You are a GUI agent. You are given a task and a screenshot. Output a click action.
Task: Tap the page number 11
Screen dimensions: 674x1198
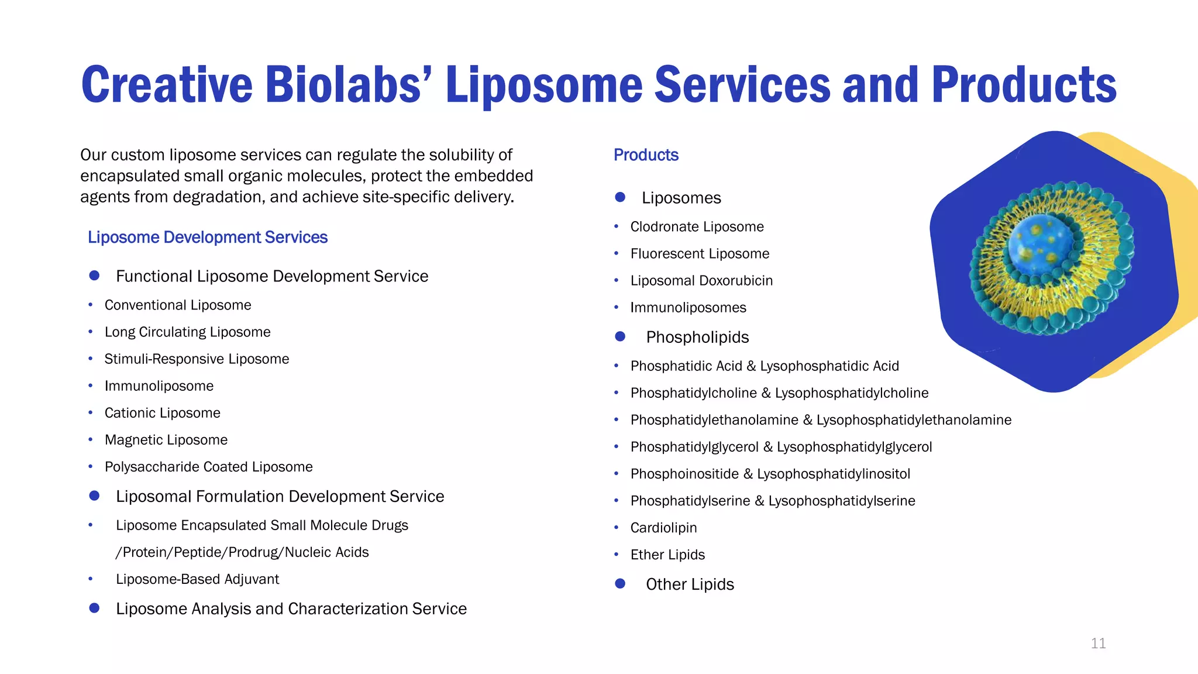click(1098, 644)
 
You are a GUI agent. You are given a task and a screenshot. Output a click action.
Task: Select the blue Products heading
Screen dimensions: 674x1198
click(646, 155)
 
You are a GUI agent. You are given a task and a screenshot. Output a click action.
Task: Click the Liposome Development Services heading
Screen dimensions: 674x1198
click(208, 238)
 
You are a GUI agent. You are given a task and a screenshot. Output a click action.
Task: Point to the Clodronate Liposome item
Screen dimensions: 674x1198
click(697, 227)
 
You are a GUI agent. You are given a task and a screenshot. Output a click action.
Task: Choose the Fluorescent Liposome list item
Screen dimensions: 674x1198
click(700, 254)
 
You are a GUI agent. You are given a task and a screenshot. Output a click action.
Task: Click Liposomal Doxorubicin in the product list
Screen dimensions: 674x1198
click(701, 281)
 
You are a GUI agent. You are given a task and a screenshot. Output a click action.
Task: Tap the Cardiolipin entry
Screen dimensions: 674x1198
click(663, 528)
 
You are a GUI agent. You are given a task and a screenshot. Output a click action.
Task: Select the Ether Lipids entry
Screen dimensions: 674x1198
click(667, 555)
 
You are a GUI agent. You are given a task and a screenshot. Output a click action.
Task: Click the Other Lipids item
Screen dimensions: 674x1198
click(690, 584)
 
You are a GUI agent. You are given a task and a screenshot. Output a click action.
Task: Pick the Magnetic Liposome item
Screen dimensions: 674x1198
click(166, 440)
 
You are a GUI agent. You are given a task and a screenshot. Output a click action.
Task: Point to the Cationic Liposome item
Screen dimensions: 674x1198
click(163, 413)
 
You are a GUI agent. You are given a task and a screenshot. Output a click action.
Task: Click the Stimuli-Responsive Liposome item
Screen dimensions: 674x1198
click(197, 359)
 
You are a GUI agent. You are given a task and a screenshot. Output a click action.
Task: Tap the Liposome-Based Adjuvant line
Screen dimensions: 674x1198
click(197, 579)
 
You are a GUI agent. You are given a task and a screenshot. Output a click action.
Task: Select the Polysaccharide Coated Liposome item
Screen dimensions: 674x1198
click(208, 467)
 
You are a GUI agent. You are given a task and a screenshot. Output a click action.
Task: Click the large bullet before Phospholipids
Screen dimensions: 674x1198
click(621, 337)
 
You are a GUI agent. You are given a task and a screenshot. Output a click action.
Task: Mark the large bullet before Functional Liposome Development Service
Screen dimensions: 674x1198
click(94, 276)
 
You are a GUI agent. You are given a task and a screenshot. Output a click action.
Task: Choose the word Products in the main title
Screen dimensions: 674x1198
click(1024, 85)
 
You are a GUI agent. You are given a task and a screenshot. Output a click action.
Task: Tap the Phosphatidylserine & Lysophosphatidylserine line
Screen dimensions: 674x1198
click(773, 501)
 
